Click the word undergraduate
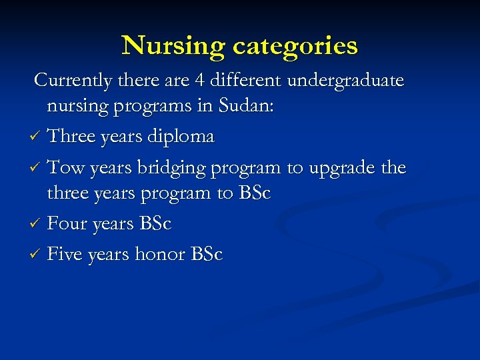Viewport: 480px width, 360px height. pos(345,81)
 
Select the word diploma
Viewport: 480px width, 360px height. pos(181,137)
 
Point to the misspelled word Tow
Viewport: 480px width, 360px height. pos(64,167)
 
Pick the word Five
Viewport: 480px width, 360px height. pos(65,254)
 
